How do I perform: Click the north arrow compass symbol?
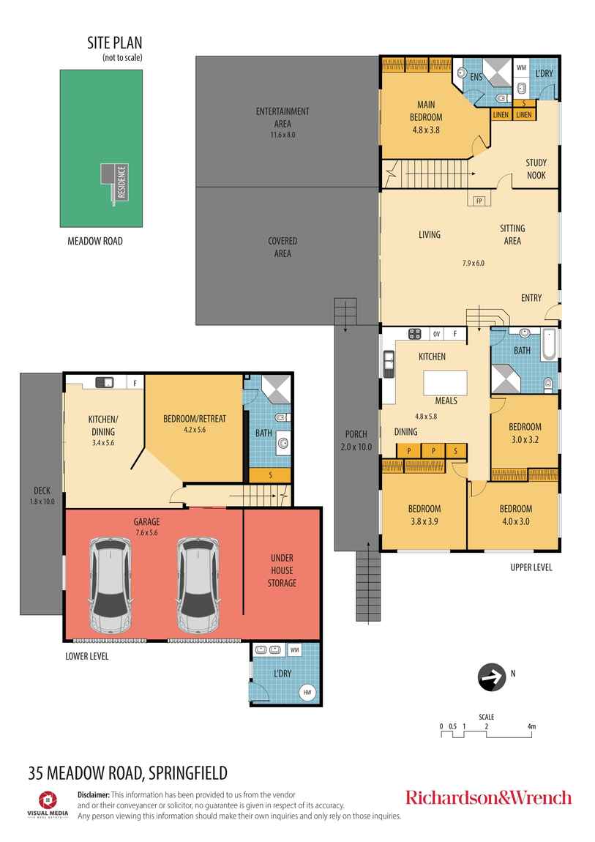[x=491, y=677]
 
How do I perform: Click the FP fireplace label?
[x=479, y=199]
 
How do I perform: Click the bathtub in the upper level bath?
[x=550, y=346]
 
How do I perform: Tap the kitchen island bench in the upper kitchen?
[x=445, y=383]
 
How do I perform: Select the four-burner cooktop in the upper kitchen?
[x=414, y=334]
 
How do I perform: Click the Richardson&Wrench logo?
[x=488, y=797]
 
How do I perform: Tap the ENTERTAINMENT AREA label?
[x=282, y=117]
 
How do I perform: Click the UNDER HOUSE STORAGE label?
[x=282, y=570]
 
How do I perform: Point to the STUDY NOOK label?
[x=536, y=169]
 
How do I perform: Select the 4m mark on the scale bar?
[x=531, y=727]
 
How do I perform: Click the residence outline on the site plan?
[x=115, y=183]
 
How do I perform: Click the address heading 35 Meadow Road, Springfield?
[x=128, y=772]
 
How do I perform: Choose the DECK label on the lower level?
[x=40, y=491]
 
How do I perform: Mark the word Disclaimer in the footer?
[x=94, y=794]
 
